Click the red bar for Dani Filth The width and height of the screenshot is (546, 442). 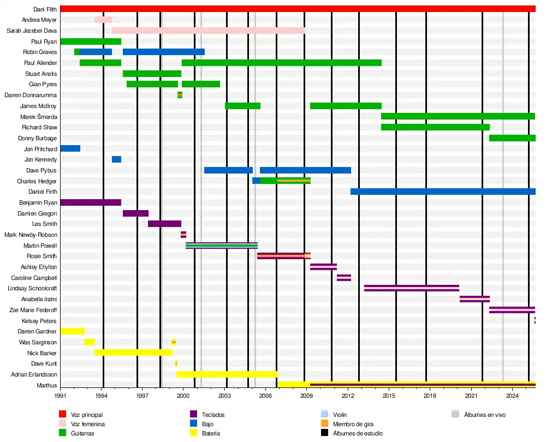298,9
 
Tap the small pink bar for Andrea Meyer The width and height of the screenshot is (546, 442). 103,20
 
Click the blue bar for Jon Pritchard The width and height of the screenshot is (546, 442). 70,148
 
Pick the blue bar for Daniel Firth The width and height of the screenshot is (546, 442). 443,192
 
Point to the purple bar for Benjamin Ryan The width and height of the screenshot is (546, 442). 91,202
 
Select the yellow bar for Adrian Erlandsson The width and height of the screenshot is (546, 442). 227,374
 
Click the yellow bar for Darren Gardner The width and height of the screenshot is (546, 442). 73,331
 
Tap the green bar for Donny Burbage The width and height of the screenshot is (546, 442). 512,138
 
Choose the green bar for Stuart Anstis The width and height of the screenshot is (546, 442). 152,74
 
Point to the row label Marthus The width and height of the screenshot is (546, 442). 46,385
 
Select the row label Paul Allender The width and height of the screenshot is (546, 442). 40,63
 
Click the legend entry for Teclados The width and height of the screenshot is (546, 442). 213,415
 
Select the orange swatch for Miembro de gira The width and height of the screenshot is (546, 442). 324,424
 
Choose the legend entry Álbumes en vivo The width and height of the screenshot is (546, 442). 484,415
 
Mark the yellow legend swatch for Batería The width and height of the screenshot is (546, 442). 193,433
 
